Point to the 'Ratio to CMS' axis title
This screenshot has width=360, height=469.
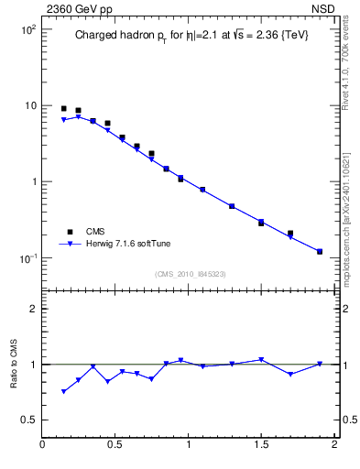14,364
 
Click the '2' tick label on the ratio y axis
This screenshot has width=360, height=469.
33,309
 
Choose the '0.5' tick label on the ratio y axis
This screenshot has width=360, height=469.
27,420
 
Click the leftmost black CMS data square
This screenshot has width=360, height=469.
63,109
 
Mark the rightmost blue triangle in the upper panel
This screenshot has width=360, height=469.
320,252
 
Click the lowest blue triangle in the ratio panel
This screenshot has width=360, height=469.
63,392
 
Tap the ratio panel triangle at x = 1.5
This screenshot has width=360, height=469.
261,359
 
